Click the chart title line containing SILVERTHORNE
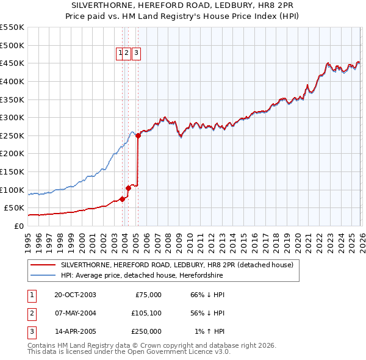[182, 5]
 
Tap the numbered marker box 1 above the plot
[120, 53]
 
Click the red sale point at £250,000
[138, 136]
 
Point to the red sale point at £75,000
[122, 199]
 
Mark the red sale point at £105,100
[128, 188]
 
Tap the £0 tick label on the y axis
[18, 226]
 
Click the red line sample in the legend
[43, 265]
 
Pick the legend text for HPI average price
[142, 276]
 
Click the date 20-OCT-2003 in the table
[75, 294]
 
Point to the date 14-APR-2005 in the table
[75, 331]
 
